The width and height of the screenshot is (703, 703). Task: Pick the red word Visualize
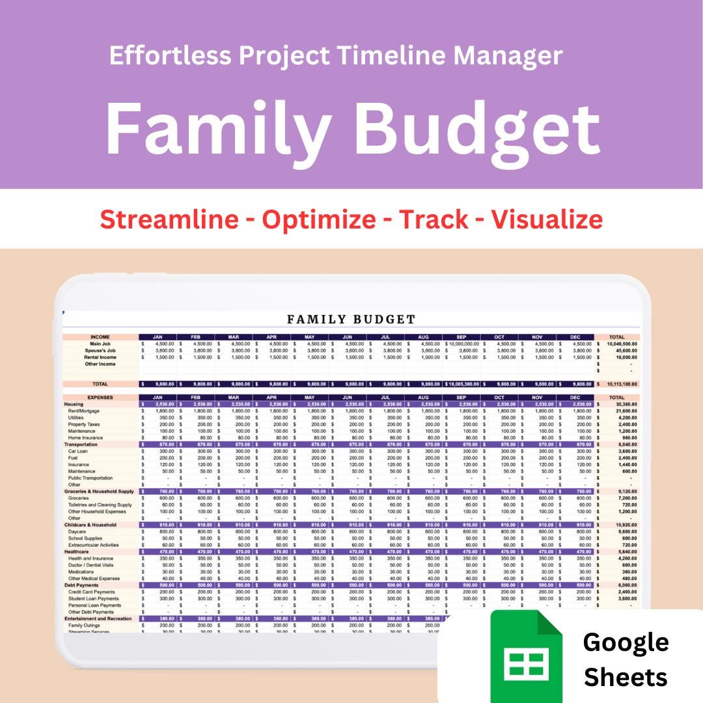547,219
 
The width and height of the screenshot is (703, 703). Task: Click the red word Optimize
319,219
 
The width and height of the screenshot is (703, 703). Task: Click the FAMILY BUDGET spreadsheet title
351,319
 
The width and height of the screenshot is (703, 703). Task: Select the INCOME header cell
100,337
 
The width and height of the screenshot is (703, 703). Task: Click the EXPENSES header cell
100,397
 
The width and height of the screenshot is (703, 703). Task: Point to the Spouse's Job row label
100,351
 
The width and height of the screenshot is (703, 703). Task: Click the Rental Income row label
100,357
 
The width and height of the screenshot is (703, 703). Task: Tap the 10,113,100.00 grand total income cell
621,384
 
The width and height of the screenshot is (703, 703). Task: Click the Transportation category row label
81,445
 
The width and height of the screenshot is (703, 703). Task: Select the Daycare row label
77,532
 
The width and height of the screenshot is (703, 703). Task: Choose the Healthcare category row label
77,552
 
